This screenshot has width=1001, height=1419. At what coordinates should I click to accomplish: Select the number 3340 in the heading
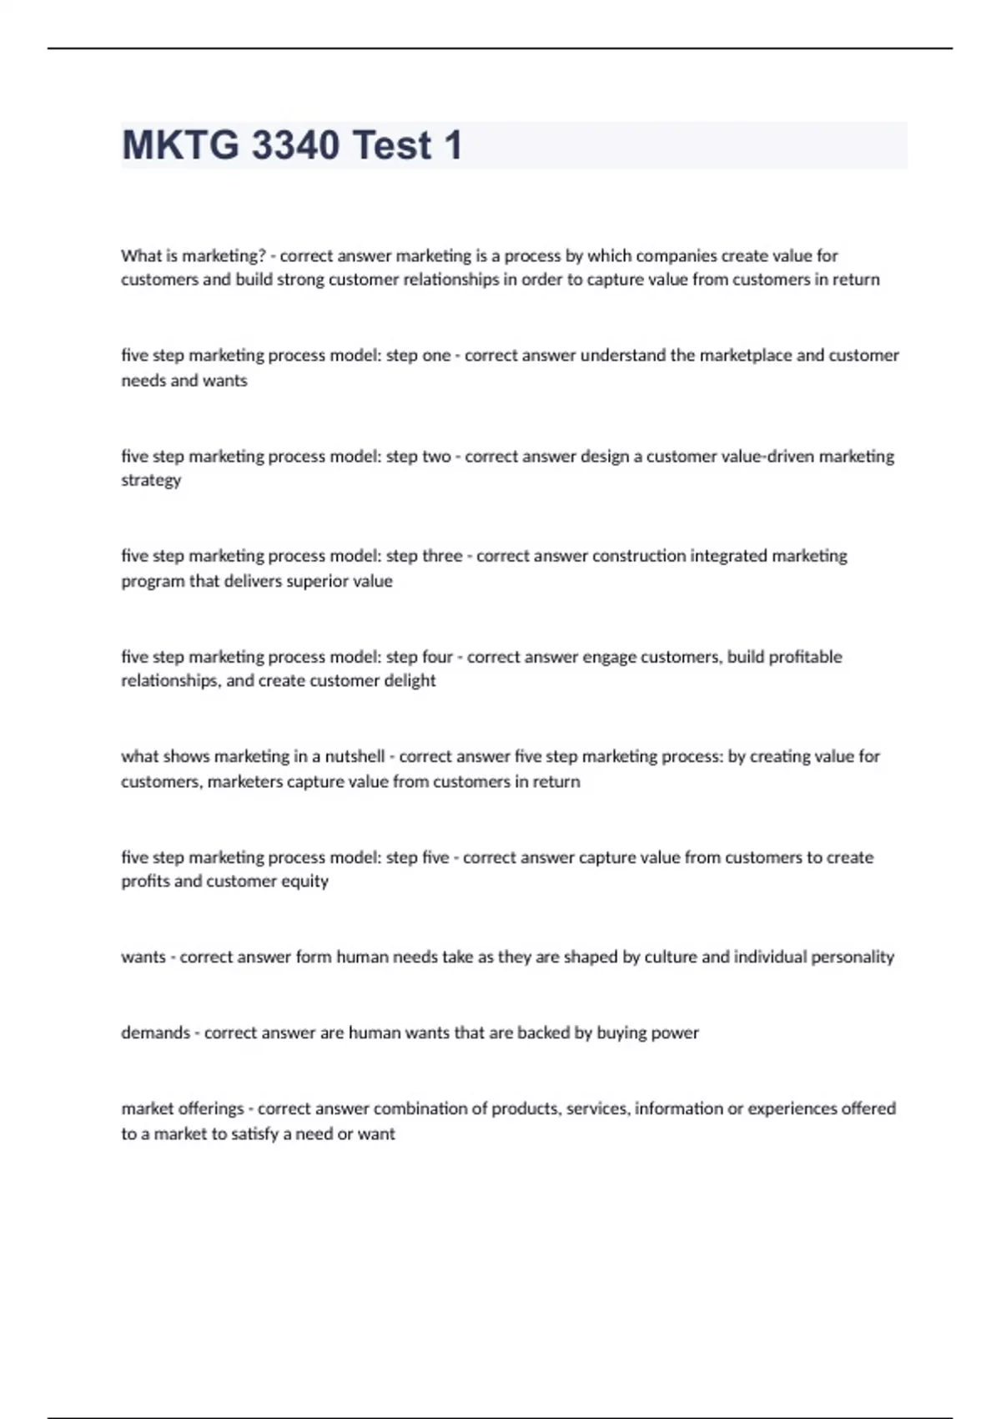pyautogui.click(x=295, y=145)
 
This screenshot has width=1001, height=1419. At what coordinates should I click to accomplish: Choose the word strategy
pyautogui.click(x=151, y=480)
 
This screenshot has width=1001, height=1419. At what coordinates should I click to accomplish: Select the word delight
pyautogui.click(x=409, y=680)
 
